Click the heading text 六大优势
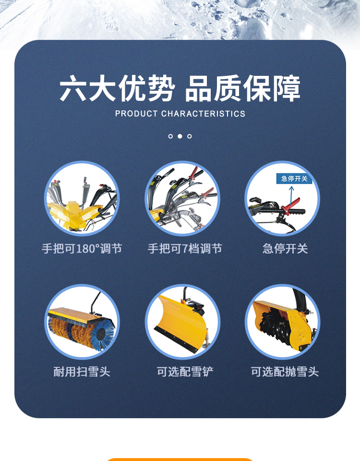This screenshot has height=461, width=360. point(117,88)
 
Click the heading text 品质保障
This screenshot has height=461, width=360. point(243,88)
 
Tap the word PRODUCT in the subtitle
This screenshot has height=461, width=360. point(136,114)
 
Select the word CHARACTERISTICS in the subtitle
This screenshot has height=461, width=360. point(203,114)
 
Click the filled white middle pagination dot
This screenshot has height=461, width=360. point(180,136)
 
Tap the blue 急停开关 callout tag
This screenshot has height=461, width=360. point(294,179)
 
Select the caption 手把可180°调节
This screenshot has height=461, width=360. point(82,249)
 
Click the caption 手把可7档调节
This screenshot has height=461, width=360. point(185,249)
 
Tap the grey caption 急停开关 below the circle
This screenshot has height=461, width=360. point(285,249)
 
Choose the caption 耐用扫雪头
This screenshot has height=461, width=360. point(82,372)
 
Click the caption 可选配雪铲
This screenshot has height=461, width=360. point(185,372)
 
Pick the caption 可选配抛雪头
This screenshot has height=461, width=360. point(285,372)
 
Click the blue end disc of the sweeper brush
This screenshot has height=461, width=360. point(102,335)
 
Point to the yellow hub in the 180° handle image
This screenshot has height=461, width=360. point(72,210)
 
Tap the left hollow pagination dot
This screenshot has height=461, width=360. point(170,136)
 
